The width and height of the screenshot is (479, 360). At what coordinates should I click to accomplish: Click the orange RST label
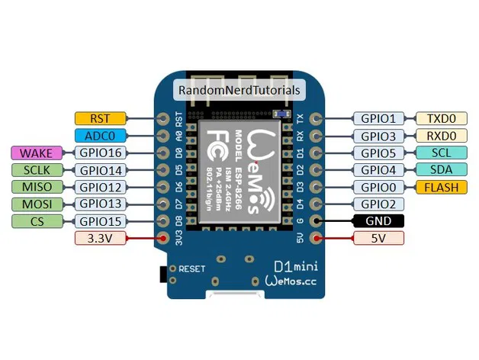click(100, 118)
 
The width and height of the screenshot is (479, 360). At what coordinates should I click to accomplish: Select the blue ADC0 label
click(100, 136)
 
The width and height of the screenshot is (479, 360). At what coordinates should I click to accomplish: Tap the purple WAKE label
click(37, 153)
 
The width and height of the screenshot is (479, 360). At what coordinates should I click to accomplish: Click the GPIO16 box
click(100, 153)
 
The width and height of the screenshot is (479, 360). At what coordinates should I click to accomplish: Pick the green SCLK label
click(37, 170)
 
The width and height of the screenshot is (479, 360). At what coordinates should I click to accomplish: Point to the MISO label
click(37, 187)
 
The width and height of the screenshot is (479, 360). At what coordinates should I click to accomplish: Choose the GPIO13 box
click(100, 204)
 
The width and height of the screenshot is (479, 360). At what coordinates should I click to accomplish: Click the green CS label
click(37, 221)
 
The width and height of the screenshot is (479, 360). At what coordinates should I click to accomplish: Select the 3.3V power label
click(100, 239)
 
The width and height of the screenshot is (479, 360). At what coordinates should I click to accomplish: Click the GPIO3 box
click(378, 136)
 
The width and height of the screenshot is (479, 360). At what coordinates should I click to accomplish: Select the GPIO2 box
click(378, 204)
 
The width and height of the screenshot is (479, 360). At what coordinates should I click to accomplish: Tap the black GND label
click(378, 221)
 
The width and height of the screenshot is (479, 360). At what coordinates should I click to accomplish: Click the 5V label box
click(378, 239)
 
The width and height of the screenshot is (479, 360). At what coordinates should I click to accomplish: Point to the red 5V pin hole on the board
click(317, 239)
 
